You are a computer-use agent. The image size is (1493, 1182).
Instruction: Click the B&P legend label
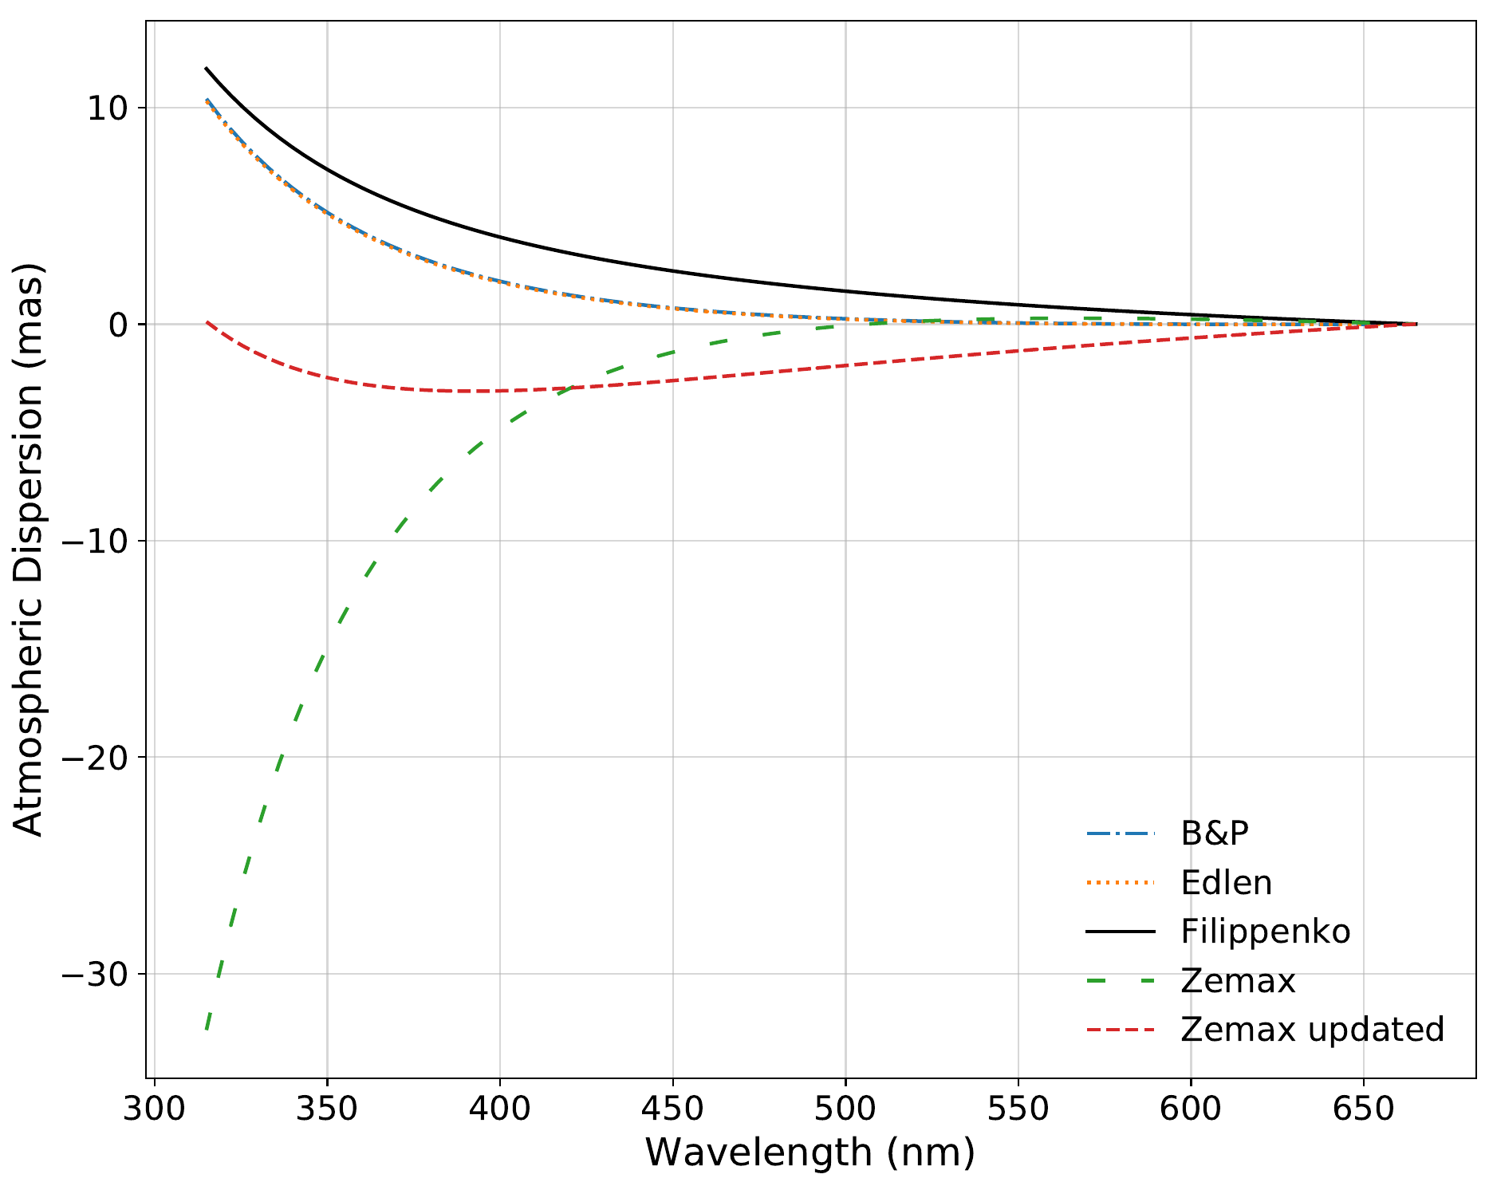(1214, 833)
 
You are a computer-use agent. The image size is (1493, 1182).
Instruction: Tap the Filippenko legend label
(1266, 932)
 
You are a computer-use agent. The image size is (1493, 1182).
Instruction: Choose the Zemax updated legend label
(1313, 1030)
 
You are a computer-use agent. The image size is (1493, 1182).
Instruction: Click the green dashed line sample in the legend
(1121, 981)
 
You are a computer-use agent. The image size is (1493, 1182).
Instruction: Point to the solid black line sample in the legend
(1121, 932)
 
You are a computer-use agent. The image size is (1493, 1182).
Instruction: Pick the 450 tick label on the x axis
(672, 1109)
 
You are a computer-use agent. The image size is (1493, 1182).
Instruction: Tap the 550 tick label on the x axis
(1018, 1109)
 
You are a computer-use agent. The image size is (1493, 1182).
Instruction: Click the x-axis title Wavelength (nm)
(810, 1153)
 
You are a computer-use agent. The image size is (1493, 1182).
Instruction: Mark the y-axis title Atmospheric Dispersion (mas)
(29, 550)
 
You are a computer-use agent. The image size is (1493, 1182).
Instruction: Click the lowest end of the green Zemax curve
(207, 1029)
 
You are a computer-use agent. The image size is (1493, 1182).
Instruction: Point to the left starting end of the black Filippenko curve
(206, 69)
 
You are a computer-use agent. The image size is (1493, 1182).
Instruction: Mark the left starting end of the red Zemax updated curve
(207, 322)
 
